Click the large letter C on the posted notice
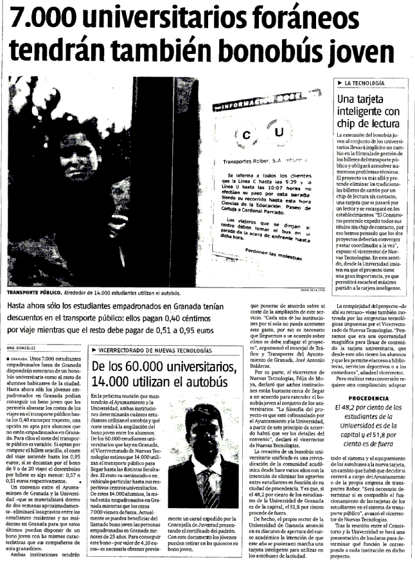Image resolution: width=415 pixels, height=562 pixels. tap(247, 135)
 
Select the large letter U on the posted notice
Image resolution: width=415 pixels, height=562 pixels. tap(278, 132)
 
